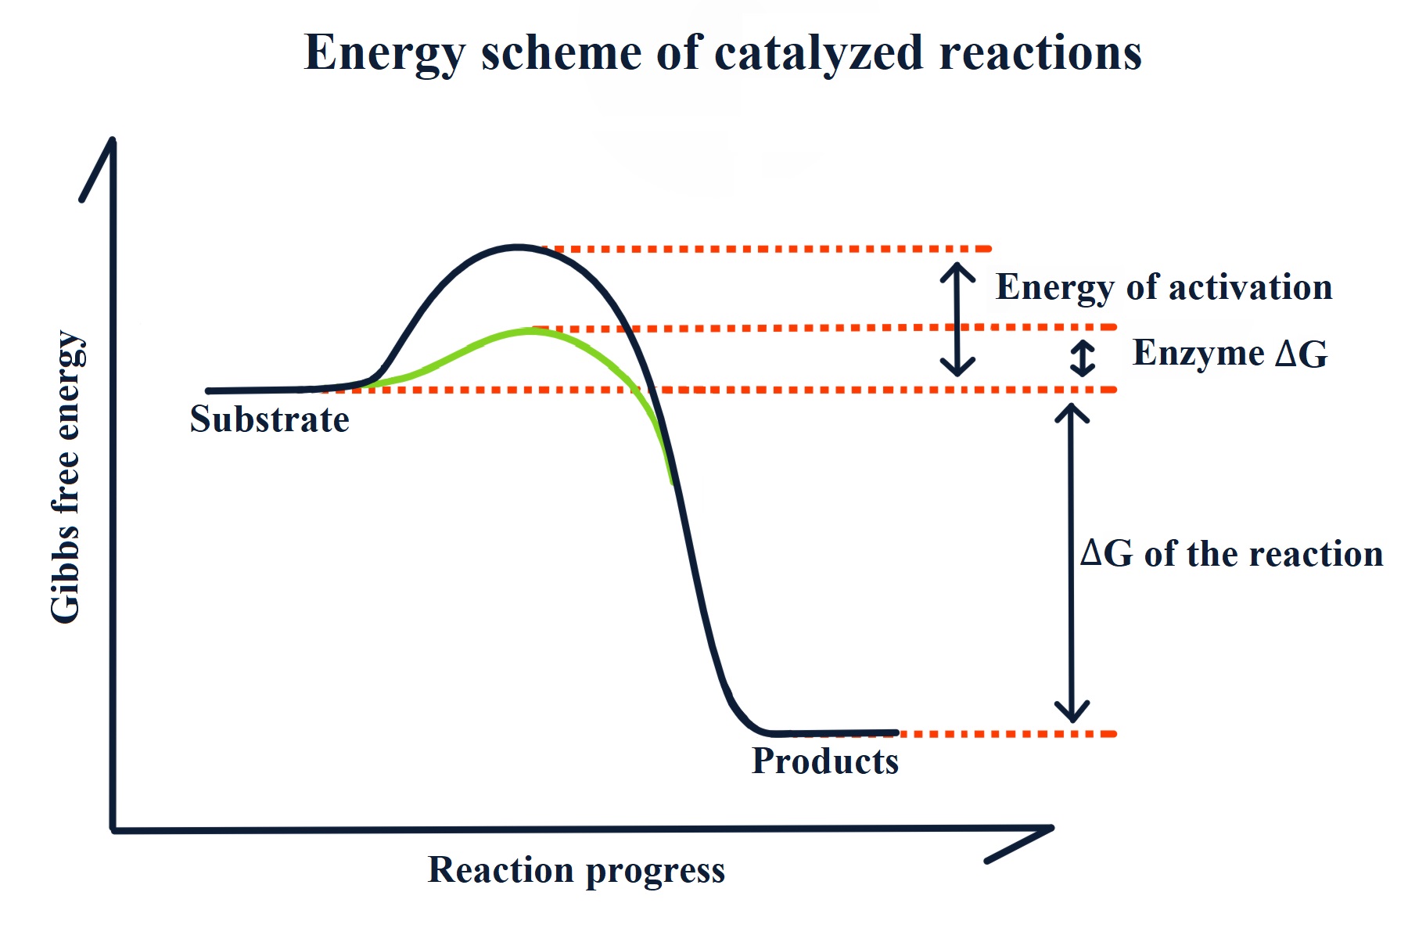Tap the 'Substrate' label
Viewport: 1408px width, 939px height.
pos(269,419)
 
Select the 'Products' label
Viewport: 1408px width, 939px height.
pos(824,761)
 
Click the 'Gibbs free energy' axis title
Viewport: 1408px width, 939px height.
pos(66,477)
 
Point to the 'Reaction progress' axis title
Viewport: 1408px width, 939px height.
pos(576,870)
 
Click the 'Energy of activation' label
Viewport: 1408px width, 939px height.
pos(1163,287)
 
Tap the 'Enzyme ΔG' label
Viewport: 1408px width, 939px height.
pos(1230,353)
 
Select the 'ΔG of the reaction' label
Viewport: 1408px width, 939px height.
pos(1231,554)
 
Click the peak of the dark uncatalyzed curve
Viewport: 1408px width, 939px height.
pos(518,246)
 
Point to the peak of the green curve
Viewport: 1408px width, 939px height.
pos(532,331)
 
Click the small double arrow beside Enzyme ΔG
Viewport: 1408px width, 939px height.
pos(1083,358)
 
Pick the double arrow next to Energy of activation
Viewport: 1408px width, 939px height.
pos(957,318)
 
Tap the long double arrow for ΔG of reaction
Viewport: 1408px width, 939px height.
pos(1072,562)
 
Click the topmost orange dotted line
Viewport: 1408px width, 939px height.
pos(767,249)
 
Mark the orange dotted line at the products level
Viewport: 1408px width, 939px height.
pos(1009,734)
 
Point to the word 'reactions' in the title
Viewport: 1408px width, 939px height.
pos(1040,53)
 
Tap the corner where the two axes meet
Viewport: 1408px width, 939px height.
pos(114,829)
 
